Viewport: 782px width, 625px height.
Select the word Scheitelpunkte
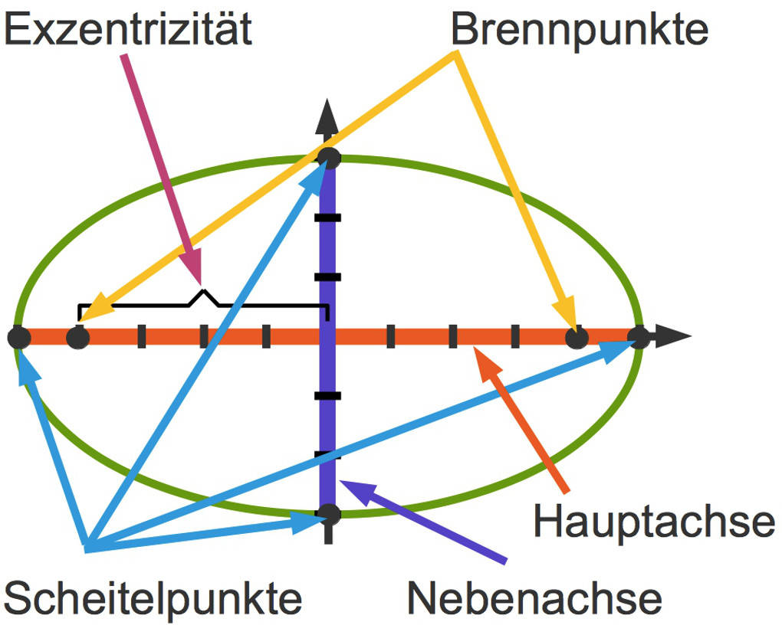click(153, 597)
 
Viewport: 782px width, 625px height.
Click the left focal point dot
click(77, 337)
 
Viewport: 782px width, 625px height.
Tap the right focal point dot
click(577, 337)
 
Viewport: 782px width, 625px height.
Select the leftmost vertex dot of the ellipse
click(19, 337)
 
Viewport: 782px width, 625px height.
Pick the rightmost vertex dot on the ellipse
click(639, 337)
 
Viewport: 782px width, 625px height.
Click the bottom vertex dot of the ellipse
click(329, 512)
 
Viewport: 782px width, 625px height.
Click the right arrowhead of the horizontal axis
click(675, 337)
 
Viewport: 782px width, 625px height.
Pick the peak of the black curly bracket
click(203, 292)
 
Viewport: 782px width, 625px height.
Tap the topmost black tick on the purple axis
click(328, 218)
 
